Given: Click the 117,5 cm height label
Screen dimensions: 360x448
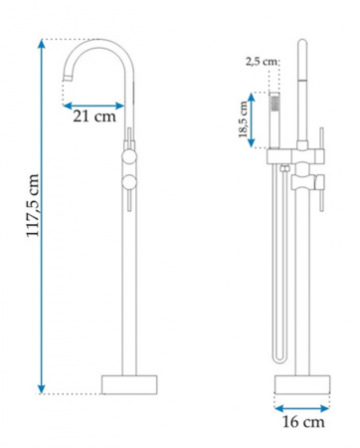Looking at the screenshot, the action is point(33,205).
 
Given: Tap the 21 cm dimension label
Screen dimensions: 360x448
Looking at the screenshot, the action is point(94,116).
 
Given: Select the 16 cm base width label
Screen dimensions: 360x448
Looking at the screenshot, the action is point(303,422).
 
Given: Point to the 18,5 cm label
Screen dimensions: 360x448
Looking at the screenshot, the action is point(243,119).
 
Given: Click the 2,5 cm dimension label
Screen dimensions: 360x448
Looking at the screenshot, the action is point(262,62).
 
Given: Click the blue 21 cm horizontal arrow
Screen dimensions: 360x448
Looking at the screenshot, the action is point(93,106).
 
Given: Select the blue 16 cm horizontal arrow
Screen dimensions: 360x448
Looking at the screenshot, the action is point(302,408).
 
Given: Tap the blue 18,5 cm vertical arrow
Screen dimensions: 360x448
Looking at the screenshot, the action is point(252,119).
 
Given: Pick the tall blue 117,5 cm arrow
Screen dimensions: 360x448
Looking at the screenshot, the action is point(41,216).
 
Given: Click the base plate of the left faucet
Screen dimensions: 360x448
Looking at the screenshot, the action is point(129,384).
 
